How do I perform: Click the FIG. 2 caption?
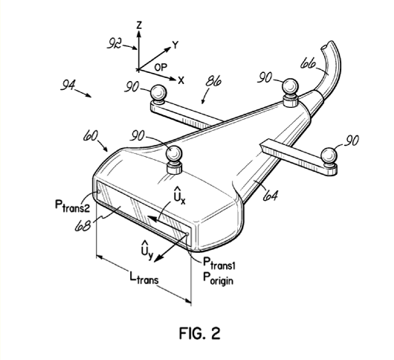(200, 333)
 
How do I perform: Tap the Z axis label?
(139, 25)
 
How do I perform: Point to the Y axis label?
(175, 45)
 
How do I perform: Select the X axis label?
(181, 80)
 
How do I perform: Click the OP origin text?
(161, 67)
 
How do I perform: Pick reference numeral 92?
(114, 43)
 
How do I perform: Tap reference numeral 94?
(68, 85)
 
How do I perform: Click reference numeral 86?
(213, 82)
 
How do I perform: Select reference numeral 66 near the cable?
(308, 63)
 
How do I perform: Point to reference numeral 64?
(271, 196)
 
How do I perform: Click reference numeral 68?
(83, 226)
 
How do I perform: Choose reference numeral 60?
(91, 136)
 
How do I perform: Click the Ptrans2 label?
(72, 206)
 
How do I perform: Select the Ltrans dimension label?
(144, 277)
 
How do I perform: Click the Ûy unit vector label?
(146, 250)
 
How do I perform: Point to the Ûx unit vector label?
(179, 196)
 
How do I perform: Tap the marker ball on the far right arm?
(329, 155)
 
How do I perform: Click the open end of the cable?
(324, 47)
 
